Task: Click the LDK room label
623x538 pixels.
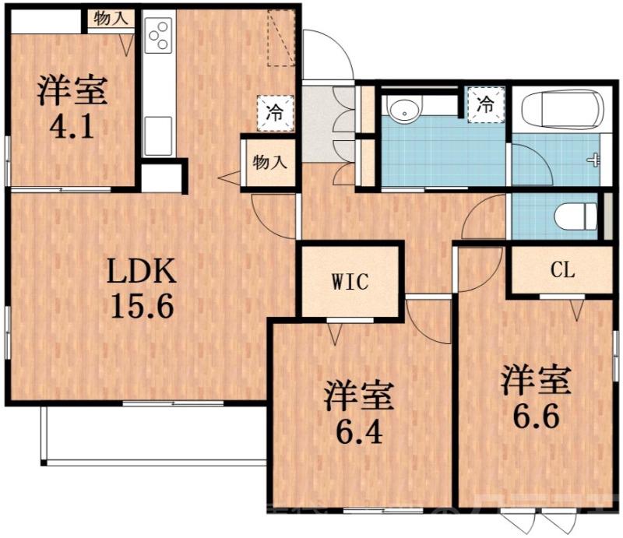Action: [142, 273]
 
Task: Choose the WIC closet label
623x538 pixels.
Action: [350, 281]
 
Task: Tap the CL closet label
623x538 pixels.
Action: [561, 270]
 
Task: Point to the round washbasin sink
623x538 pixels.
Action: [403, 111]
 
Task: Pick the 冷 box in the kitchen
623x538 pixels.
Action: [276, 111]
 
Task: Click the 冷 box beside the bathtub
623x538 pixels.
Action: [485, 103]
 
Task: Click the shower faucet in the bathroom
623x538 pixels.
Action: [597, 160]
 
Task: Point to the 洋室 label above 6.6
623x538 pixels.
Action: [535, 382]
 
